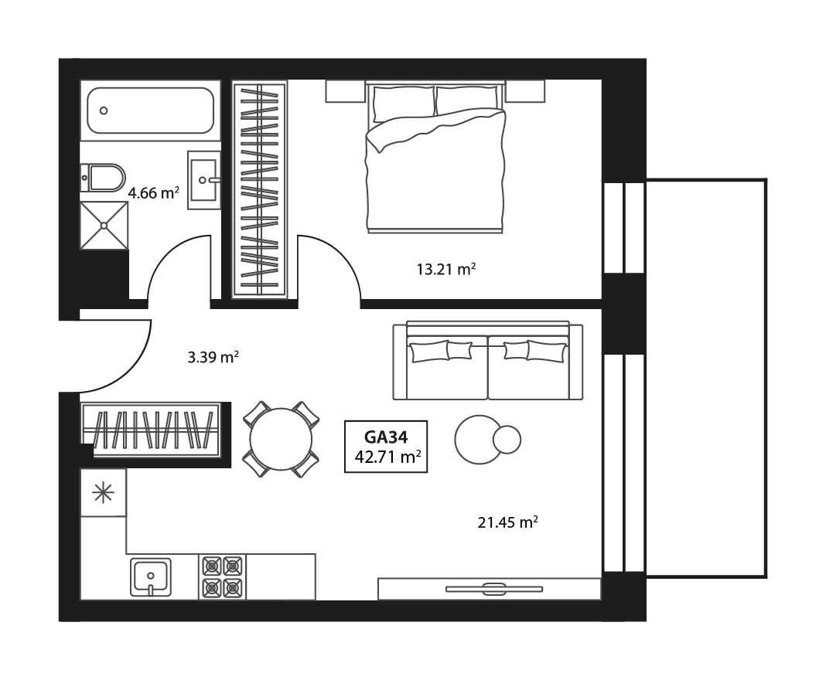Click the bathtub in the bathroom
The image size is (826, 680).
point(150,110)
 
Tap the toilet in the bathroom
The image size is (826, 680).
point(105,178)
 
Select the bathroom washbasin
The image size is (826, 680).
point(205,179)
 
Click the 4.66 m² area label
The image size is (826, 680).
point(154,192)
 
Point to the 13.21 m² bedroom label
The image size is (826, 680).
point(445,270)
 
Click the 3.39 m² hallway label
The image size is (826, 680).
point(213,357)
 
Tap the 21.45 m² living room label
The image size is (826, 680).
point(507,522)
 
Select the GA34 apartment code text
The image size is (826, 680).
point(385,437)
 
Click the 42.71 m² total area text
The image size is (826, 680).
point(387,456)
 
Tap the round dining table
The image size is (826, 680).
point(281,440)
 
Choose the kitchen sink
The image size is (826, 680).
point(150,576)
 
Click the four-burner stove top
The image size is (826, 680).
point(223,576)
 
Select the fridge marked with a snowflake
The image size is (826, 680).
point(103,493)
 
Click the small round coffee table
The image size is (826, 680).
point(507,440)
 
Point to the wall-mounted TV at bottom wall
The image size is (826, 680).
point(494,589)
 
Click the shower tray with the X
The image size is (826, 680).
point(104,225)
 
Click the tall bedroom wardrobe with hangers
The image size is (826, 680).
point(260,189)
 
